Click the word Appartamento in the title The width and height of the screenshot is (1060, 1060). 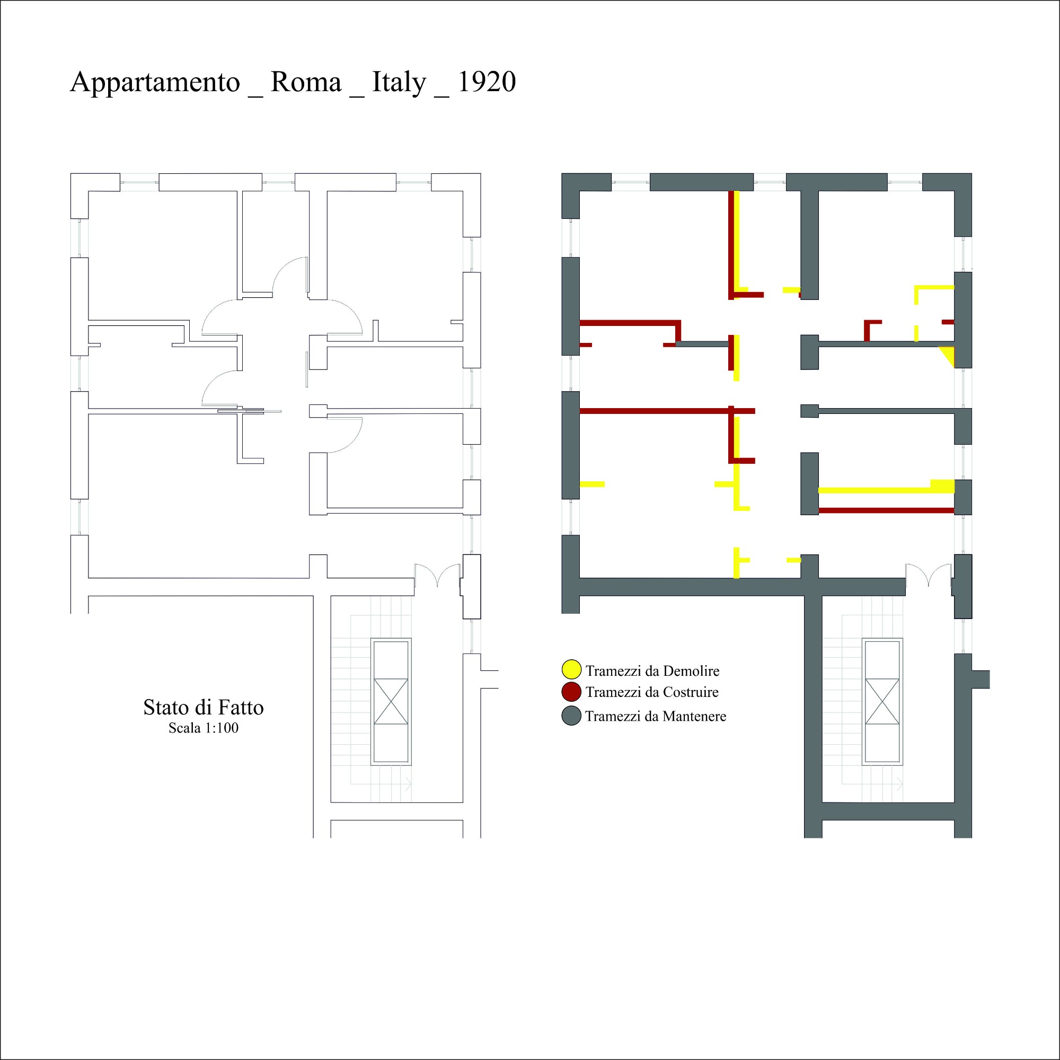point(155,83)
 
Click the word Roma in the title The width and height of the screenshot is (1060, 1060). point(306,82)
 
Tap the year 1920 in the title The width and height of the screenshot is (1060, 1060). point(487,82)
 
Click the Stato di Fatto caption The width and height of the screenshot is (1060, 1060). point(204,707)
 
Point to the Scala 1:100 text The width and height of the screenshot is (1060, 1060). point(204,728)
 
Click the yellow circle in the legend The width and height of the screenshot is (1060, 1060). point(571,670)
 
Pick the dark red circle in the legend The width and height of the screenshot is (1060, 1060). point(571,692)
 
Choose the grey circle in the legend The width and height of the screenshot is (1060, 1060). point(571,716)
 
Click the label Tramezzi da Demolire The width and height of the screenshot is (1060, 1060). point(652,670)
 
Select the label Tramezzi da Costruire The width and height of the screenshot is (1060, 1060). point(652,692)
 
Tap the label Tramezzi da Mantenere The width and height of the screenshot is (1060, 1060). point(656,716)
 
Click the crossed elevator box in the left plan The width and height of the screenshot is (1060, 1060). point(391,701)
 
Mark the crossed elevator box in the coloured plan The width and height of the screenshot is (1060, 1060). point(882,701)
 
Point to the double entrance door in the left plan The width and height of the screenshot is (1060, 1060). point(437,575)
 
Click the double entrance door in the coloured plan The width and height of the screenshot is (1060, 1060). point(929,575)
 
